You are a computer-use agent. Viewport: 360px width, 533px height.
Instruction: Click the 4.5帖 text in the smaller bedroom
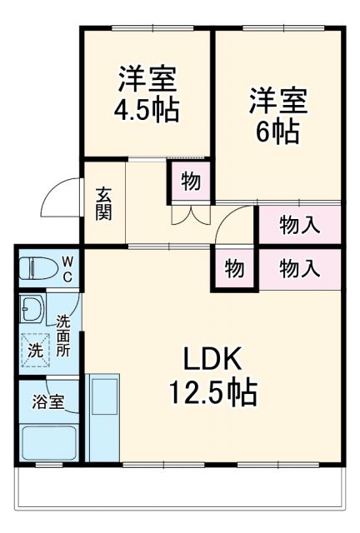(147, 111)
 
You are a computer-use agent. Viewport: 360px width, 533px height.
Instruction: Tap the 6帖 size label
(278, 132)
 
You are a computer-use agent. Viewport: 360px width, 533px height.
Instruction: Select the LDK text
(212, 360)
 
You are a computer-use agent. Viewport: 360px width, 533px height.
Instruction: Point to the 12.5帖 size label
(212, 390)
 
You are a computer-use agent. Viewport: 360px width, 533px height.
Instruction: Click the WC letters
(68, 268)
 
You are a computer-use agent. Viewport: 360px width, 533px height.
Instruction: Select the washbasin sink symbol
(32, 311)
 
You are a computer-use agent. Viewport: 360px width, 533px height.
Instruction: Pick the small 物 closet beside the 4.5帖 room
(191, 182)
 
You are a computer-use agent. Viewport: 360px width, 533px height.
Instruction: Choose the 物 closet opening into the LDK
(233, 269)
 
